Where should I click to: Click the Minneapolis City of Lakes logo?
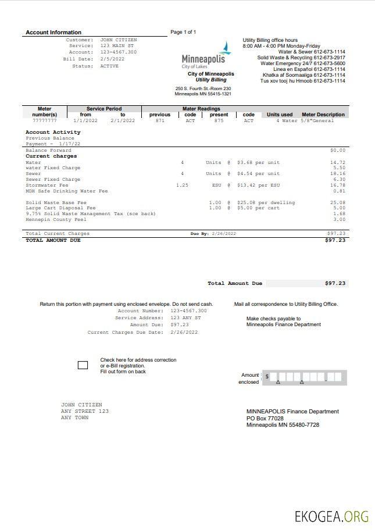click(x=208, y=56)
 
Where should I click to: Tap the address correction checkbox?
click(x=83, y=365)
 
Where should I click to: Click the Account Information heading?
click(x=53, y=33)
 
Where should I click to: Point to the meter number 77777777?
click(x=45, y=121)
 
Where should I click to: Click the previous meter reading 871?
click(x=160, y=121)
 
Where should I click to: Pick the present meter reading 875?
click(x=219, y=121)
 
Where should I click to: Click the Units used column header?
click(x=280, y=115)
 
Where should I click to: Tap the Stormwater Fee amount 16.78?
click(x=338, y=185)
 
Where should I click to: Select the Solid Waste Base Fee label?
click(x=56, y=202)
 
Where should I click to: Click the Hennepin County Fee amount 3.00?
click(x=339, y=220)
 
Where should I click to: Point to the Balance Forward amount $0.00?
click(x=337, y=151)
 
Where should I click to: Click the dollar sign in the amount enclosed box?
click(x=267, y=377)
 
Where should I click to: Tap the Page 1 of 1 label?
click(x=183, y=32)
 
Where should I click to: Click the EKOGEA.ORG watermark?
click(x=331, y=516)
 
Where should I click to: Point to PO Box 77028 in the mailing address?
click(x=265, y=419)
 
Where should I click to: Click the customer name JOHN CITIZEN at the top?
click(x=118, y=40)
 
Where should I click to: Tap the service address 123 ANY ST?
click(x=185, y=318)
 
